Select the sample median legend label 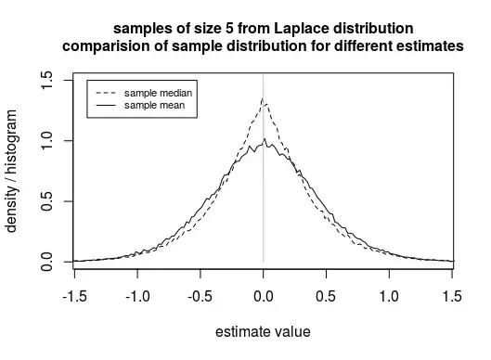[159, 94]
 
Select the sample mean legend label [154, 106]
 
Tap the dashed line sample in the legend [105, 94]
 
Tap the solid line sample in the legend [105, 106]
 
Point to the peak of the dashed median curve [263, 98]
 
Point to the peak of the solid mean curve [265, 139]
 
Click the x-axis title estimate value [263, 331]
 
